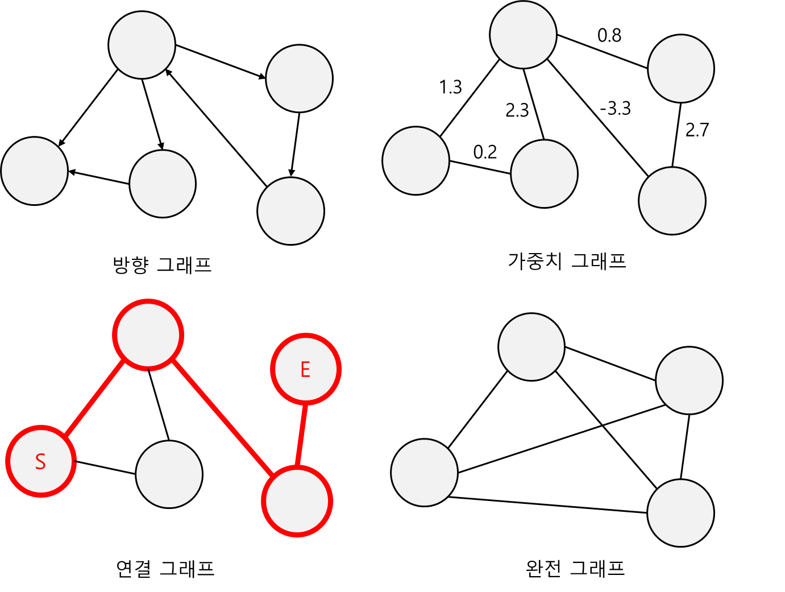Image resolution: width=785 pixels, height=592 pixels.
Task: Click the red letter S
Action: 40,461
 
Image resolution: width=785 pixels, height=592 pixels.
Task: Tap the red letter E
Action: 305,370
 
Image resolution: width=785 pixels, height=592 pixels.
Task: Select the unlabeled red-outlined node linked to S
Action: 148,334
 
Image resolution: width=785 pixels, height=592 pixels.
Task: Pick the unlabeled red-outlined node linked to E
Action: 297,501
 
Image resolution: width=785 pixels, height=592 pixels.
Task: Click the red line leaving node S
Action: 94,398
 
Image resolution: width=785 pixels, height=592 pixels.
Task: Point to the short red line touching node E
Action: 302,435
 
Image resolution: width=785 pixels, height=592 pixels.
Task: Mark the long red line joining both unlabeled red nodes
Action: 223,417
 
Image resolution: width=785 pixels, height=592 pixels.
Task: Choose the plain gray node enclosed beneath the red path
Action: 169,474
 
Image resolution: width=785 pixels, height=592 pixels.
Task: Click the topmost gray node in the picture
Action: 523,35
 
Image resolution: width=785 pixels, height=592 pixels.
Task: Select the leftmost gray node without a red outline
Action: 34,171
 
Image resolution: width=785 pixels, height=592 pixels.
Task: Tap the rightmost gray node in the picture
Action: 689,380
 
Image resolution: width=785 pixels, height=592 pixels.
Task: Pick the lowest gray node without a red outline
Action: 680,513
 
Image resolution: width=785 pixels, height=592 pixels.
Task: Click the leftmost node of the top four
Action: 142,45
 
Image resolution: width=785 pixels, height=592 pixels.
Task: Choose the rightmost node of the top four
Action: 680,69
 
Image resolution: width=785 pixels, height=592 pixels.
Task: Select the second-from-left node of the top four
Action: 299,78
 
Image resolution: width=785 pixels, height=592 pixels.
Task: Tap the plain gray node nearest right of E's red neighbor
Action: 424,473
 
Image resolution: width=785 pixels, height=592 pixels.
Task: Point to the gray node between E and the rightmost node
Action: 531,347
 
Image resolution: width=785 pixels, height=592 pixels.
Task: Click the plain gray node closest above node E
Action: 290,211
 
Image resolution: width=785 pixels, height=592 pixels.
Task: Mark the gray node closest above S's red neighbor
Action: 163,184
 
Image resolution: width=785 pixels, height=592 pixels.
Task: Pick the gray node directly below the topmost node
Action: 544,173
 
